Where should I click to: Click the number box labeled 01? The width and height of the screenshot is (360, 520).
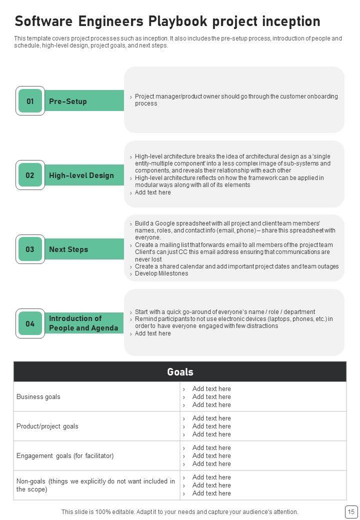pyautogui.click(x=30, y=101)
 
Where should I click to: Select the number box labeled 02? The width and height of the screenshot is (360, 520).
pyautogui.click(x=30, y=175)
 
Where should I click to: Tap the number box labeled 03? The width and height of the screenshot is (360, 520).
pyautogui.click(x=30, y=249)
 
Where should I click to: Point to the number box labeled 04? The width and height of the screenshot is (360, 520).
pyautogui.click(x=30, y=323)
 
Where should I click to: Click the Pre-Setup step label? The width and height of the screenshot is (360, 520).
pyautogui.click(x=68, y=101)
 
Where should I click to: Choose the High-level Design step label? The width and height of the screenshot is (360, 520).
pyautogui.click(x=81, y=175)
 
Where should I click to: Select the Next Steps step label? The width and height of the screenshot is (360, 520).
pyautogui.click(x=68, y=249)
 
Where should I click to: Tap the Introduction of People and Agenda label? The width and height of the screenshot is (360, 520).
pyautogui.click(x=83, y=323)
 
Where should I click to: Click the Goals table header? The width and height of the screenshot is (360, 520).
pyautogui.click(x=180, y=372)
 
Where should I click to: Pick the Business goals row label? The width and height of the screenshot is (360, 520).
pyautogui.click(x=38, y=397)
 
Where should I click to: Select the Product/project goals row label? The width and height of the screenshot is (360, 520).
pyautogui.click(x=47, y=426)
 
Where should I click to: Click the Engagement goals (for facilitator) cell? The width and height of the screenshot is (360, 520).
pyautogui.click(x=65, y=456)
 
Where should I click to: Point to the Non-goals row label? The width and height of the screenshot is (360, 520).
pyautogui.click(x=95, y=485)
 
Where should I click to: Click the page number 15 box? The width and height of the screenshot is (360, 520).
pyautogui.click(x=350, y=511)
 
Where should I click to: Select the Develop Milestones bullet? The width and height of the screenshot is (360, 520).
pyautogui.click(x=161, y=273)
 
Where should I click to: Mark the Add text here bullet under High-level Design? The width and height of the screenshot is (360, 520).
pyautogui.click(x=153, y=192)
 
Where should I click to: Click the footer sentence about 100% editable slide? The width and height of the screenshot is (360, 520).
pyautogui.click(x=180, y=512)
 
